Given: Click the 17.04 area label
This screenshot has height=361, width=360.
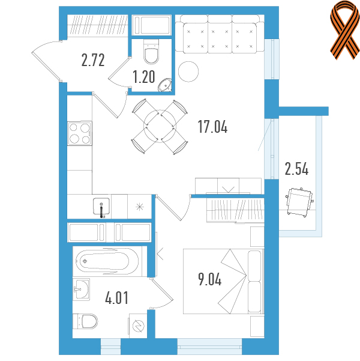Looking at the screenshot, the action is point(212,127).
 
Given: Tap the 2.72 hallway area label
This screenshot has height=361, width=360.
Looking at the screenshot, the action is point(93,60).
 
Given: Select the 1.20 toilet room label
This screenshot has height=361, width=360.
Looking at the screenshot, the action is point(144,77).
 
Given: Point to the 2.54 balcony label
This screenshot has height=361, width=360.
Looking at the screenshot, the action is point(296,169).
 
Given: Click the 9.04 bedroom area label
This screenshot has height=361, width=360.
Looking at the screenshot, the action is point(210,279).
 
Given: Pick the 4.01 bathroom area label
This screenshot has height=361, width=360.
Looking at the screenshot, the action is point(116,298).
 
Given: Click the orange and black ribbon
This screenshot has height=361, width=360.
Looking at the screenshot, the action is point(345,30).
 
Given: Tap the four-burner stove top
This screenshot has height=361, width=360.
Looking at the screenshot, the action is point(80,133).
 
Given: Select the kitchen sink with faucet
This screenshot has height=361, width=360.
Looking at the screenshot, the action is point(101,207).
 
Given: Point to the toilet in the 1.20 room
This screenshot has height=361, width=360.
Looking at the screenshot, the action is point(151,52).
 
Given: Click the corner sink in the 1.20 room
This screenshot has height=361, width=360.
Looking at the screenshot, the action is point(165,85).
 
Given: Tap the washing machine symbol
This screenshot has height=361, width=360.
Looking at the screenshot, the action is point(138,326).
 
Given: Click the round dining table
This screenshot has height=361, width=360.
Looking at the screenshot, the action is point(160,126).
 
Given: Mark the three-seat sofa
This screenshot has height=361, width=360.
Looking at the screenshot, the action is point(220,34).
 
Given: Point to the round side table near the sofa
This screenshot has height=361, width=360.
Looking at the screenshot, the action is point(188,71).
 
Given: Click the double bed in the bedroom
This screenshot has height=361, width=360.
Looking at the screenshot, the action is point(223,281).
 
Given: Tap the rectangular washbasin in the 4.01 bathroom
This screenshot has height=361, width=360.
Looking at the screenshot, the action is point(81,289).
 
